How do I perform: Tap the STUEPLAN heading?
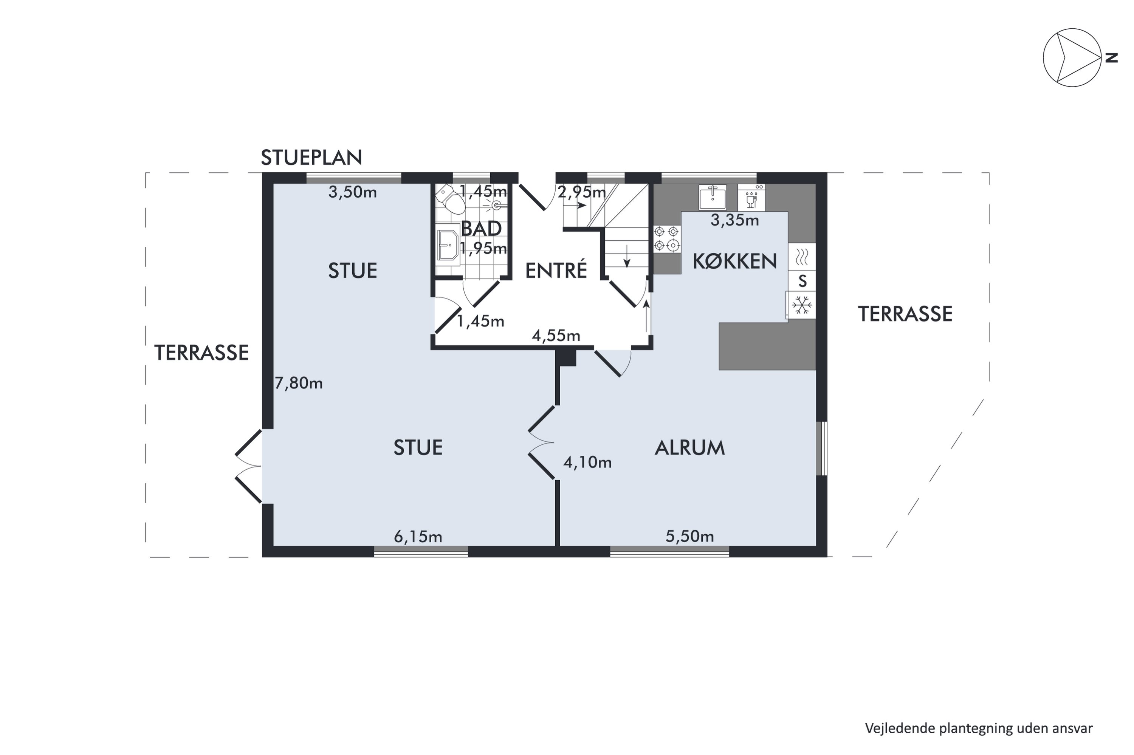tap(311, 158)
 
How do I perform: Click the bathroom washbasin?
tap(448, 244)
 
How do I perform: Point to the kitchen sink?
tap(713, 197)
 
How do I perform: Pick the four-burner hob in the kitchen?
tap(668, 239)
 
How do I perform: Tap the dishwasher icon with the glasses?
tap(751, 197)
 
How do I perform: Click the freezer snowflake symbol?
tap(802, 305)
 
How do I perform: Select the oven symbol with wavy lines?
tap(802, 257)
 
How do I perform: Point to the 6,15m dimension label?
tap(418, 536)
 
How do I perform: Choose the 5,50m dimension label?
tap(689, 536)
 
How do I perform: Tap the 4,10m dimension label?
tap(587, 463)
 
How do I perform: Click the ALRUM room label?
tap(689, 448)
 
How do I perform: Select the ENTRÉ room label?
tap(556, 270)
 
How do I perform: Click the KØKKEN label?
tap(735, 261)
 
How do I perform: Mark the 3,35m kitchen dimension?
tap(735, 221)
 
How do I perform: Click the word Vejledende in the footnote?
tap(900, 728)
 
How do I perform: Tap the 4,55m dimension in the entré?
tap(556, 336)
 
